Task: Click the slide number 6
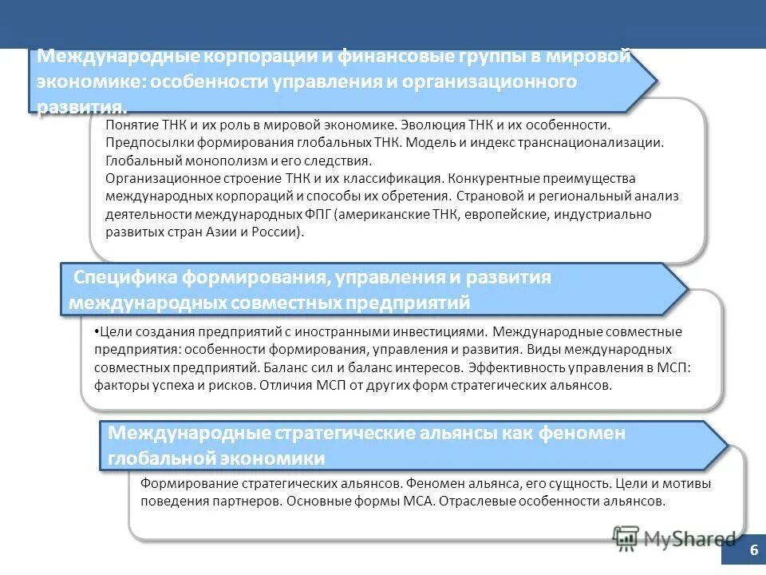point(752,552)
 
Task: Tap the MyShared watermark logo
point(674,538)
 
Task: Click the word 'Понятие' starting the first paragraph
point(129,125)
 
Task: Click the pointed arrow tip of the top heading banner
point(656,81)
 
